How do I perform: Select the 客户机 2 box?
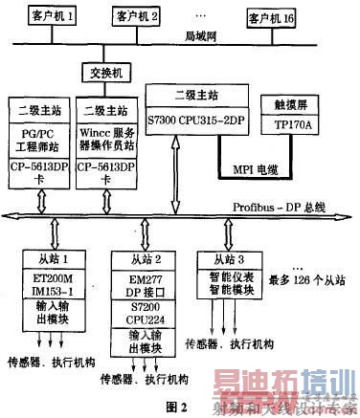(137, 16)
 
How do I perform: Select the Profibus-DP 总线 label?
(278, 204)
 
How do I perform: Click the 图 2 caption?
(178, 405)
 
